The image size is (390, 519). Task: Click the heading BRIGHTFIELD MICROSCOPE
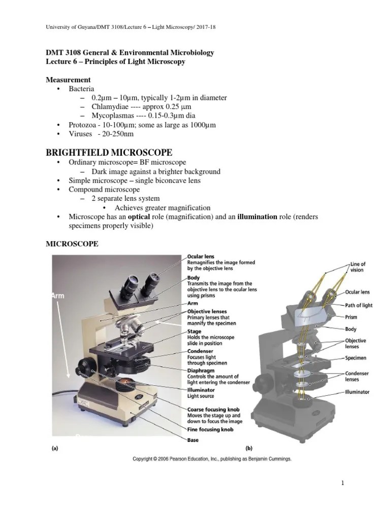click(110, 153)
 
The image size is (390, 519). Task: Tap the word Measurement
click(69, 80)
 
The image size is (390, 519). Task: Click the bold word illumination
click(257, 217)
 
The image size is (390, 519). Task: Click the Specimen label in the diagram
click(357, 358)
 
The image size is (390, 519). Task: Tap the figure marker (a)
click(54, 448)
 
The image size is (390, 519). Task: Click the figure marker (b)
click(249, 448)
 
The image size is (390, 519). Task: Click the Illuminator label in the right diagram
click(357, 392)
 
